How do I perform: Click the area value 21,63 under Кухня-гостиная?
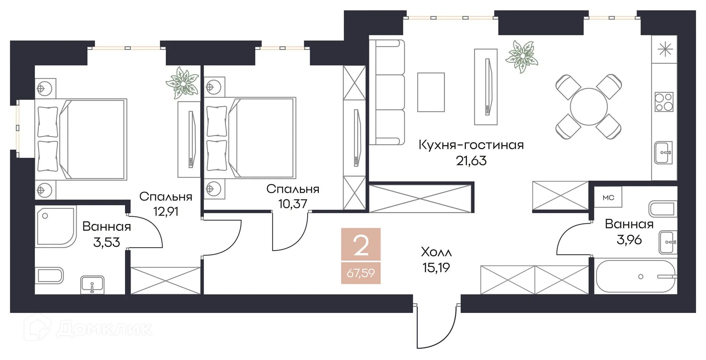[471, 161]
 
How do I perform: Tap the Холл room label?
[436, 252]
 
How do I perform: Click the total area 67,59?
[361, 273]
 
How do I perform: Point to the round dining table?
[588, 107]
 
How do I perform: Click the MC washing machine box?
[609, 198]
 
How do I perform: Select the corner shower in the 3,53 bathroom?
[55, 225]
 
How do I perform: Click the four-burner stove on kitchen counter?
[664, 102]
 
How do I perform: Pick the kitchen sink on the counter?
[663, 152]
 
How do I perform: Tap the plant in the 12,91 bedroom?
[182, 82]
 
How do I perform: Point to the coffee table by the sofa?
[431, 92]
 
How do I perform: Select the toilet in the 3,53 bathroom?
[50, 276]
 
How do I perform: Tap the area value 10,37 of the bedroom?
[292, 203]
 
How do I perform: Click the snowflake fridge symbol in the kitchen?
[665, 49]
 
